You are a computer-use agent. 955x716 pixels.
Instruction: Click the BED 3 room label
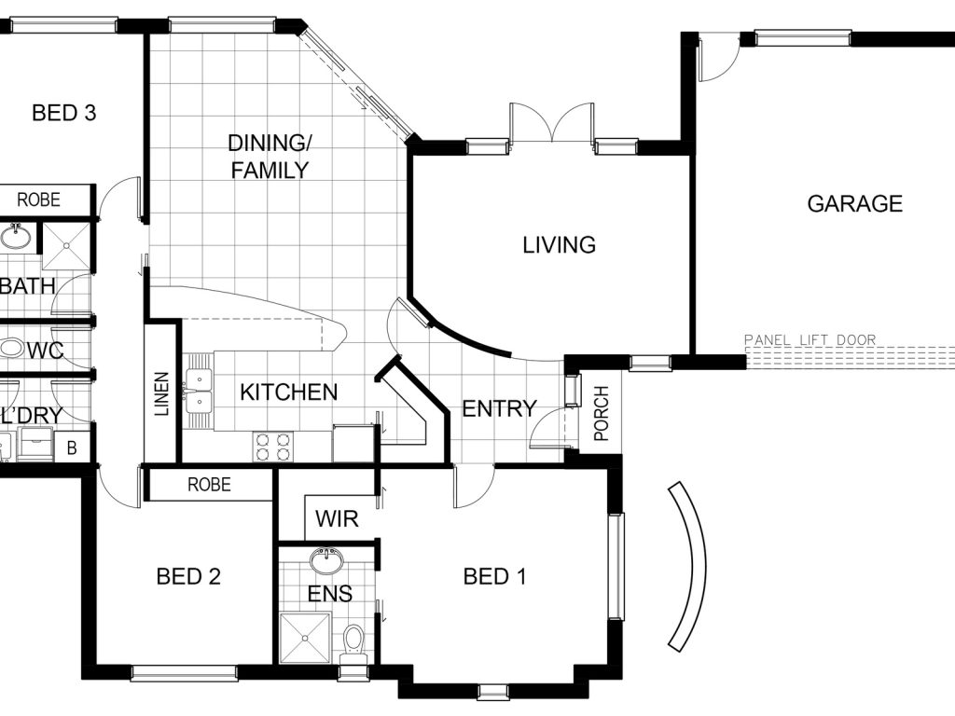[64, 113]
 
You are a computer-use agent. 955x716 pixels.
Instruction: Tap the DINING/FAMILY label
[270, 157]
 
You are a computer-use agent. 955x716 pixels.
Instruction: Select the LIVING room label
[560, 245]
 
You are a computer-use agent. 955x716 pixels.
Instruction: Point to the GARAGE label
[854, 203]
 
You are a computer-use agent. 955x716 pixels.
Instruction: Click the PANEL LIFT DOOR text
[810, 339]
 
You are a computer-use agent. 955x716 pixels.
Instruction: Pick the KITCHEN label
[289, 392]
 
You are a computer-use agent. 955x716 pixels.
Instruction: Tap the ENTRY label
[500, 408]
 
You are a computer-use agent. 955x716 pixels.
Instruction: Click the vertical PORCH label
[602, 413]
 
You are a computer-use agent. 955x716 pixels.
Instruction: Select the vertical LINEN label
[161, 394]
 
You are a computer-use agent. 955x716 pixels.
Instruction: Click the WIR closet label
[337, 518]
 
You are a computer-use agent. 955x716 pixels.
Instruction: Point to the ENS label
[329, 594]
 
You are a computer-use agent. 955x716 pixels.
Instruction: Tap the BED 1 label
[494, 576]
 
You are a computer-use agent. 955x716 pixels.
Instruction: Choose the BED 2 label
[188, 576]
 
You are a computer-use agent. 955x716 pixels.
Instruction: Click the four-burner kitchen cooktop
[273, 447]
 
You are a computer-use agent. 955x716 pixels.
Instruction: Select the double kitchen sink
[199, 391]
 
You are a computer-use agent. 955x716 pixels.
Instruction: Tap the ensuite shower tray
[305, 638]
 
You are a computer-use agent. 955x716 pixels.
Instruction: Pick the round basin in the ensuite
[326, 561]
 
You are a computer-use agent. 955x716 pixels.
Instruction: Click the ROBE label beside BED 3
[38, 200]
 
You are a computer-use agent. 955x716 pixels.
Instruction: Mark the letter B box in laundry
[72, 448]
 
